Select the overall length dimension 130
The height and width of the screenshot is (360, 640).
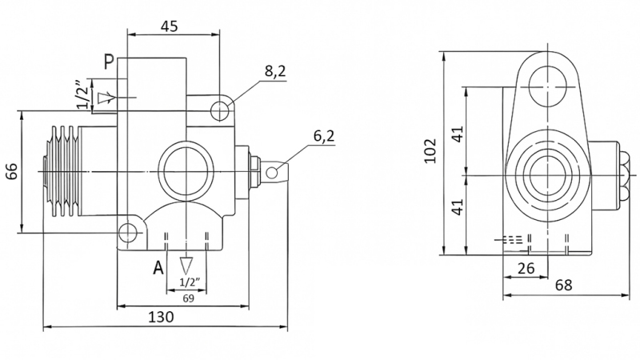(x=162, y=317)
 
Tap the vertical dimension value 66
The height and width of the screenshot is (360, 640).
(x=11, y=171)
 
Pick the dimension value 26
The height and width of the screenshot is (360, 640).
(x=526, y=269)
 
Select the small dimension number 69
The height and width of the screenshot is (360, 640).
(x=189, y=298)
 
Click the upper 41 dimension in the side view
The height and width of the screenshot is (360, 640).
(x=457, y=133)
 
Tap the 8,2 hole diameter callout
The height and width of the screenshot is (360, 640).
(x=275, y=73)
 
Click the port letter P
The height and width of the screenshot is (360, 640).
(x=108, y=61)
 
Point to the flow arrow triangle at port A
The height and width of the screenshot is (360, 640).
(x=187, y=265)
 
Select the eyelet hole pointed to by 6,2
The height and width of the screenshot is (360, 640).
(x=273, y=171)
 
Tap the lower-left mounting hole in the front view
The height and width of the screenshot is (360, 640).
(x=128, y=233)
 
